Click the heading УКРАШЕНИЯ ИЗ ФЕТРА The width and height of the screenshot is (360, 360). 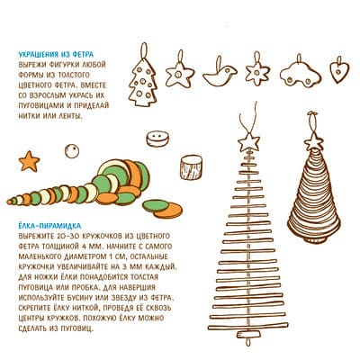(x=56, y=54)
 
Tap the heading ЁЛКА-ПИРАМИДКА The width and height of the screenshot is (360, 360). (x=49, y=226)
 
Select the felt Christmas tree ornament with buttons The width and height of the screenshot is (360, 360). (x=143, y=82)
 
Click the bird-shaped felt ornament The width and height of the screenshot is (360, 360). (x=220, y=75)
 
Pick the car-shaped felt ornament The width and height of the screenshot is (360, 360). (x=301, y=76)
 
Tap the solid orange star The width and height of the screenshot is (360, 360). (x=29, y=161)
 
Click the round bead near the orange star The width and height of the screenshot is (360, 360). (x=72, y=151)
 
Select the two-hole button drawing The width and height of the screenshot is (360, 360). (x=157, y=139)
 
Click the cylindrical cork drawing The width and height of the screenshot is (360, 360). (x=191, y=167)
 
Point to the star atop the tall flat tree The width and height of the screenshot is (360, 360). (x=248, y=142)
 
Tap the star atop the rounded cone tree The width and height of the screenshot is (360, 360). (x=313, y=142)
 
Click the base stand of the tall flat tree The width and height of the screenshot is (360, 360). (x=247, y=334)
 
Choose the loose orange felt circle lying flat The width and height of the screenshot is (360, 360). (x=168, y=211)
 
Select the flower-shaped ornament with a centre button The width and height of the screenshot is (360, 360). (x=257, y=72)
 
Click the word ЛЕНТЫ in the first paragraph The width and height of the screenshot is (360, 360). (x=71, y=116)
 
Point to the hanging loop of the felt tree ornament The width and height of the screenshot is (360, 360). (x=145, y=51)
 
